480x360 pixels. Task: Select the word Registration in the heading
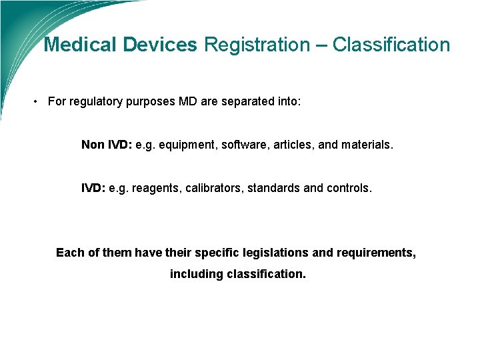(257, 45)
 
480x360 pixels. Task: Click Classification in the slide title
(391, 45)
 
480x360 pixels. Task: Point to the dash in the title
(321, 45)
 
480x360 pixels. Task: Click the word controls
(349, 188)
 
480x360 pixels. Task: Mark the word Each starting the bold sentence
(69, 253)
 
